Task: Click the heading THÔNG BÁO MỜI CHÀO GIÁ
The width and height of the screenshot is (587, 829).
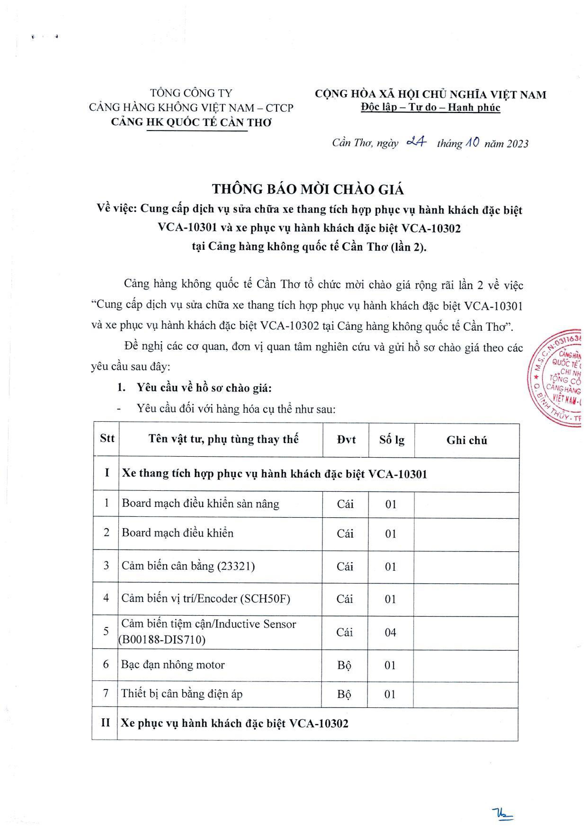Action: click(x=308, y=189)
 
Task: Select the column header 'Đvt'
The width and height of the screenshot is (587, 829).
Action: click(x=346, y=440)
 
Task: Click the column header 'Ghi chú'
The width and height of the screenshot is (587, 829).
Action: click(x=467, y=440)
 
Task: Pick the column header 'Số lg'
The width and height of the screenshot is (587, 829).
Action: click(x=391, y=440)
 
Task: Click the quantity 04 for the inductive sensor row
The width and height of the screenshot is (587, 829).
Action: click(x=390, y=632)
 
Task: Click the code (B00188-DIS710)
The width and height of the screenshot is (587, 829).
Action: click(x=162, y=640)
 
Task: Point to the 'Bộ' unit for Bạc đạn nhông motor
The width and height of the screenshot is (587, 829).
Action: click(x=344, y=665)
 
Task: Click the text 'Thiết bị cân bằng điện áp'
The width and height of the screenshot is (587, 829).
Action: click(x=182, y=693)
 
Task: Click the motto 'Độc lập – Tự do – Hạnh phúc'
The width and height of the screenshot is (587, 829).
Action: click(x=431, y=108)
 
